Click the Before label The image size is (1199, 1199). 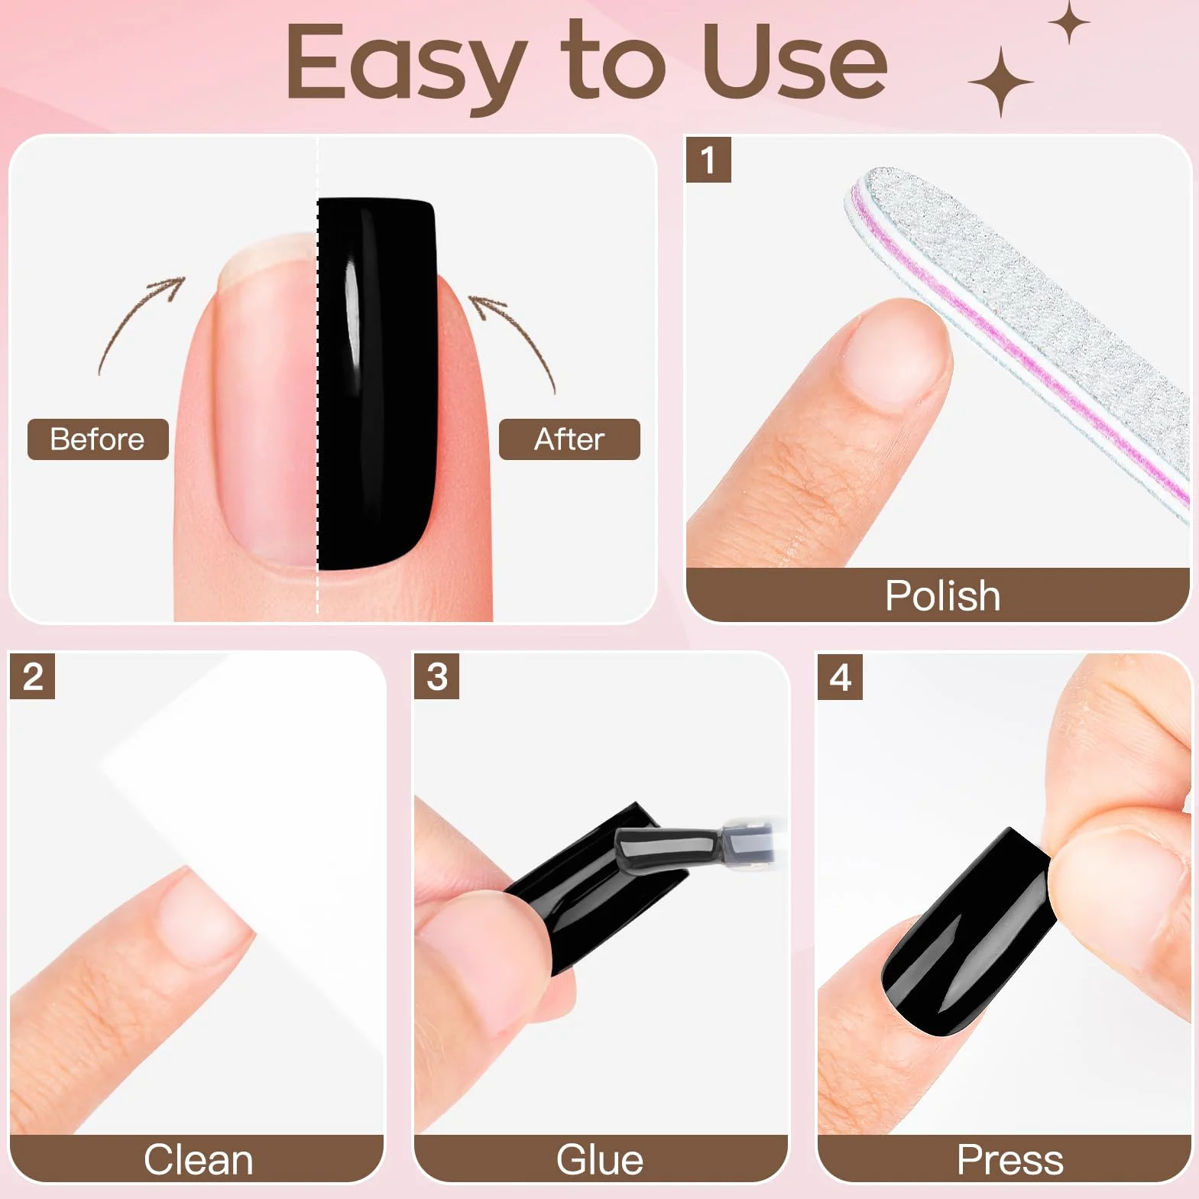coord(98,439)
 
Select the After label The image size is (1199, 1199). coord(569,439)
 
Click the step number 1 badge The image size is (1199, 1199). coord(708,160)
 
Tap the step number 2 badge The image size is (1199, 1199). coord(32,676)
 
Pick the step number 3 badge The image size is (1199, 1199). coord(436,676)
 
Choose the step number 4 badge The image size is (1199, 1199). coord(840,677)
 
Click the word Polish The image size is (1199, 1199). coord(942,596)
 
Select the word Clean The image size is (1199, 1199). coord(198,1160)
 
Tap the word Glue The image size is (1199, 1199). coord(600,1159)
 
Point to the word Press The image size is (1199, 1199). coord(1009,1160)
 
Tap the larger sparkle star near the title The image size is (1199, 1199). coord(1001,82)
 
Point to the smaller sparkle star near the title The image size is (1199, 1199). coord(1069,22)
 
